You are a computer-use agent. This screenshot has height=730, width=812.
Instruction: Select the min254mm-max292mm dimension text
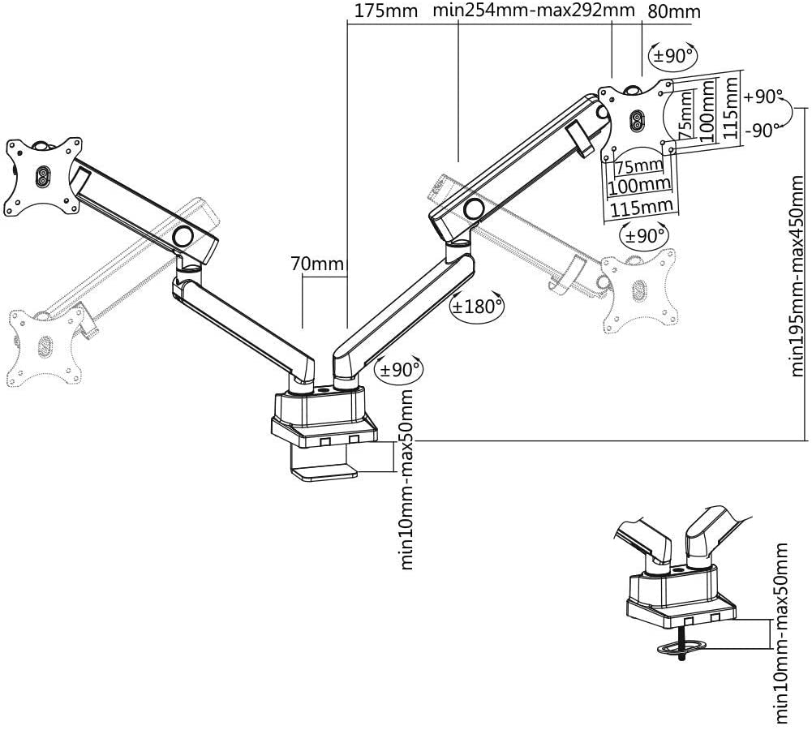[x=533, y=11]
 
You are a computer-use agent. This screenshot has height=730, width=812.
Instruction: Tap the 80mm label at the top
[x=674, y=11]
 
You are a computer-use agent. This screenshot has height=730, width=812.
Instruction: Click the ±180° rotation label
[x=477, y=307]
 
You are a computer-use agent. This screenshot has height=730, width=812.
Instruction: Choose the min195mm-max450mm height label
[x=800, y=276]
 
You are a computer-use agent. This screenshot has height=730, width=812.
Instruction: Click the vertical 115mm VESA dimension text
[x=732, y=106]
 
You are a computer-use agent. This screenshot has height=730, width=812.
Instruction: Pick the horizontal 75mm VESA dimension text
[x=639, y=165]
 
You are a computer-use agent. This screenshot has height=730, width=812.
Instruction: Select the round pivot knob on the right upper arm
[x=472, y=209]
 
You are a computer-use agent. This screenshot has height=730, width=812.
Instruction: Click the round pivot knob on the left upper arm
[x=183, y=236]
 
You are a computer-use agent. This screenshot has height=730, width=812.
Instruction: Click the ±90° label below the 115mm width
[x=645, y=235]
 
